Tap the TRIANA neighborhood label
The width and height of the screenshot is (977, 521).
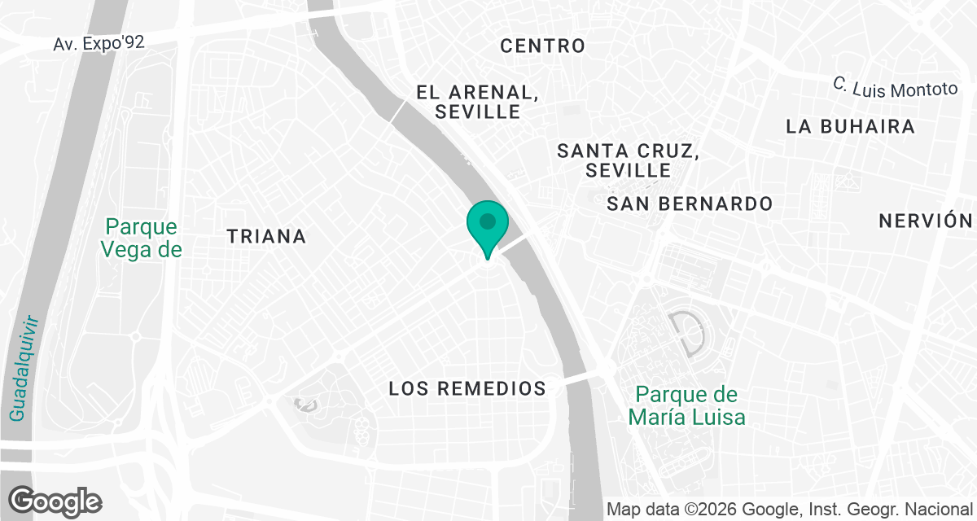pyautogui.click(x=266, y=237)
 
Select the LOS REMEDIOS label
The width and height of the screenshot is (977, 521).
pyautogui.click(x=467, y=388)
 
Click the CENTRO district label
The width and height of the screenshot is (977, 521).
pyautogui.click(x=542, y=46)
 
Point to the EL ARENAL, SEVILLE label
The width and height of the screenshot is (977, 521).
pyautogui.click(x=477, y=102)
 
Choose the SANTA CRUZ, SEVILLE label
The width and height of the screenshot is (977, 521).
pyautogui.click(x=628, y=160)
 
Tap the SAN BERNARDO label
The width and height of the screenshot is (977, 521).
pyautogui.click(x=690, y=204)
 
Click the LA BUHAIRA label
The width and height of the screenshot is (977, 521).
pyautogui.click(x=851, y=127)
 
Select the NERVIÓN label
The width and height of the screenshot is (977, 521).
pyautogui.click(x=927, y=221)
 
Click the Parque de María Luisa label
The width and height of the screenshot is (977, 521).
pyautogui.click(x=686, y=406)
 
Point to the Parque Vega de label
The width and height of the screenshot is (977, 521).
pyautogui.click(x=142, y=238)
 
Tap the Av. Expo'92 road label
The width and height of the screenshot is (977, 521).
pyautogui.click(x=99, y=43)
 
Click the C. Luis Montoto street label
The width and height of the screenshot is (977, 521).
pyautogui.click(x=896, y=86)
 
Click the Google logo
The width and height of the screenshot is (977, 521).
pyautogui.click(x=55, y=501)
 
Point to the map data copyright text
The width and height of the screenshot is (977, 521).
pyautogui.click(x=791, y=510)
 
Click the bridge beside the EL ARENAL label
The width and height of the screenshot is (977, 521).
pyautogui.click(x=398, y=112)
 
